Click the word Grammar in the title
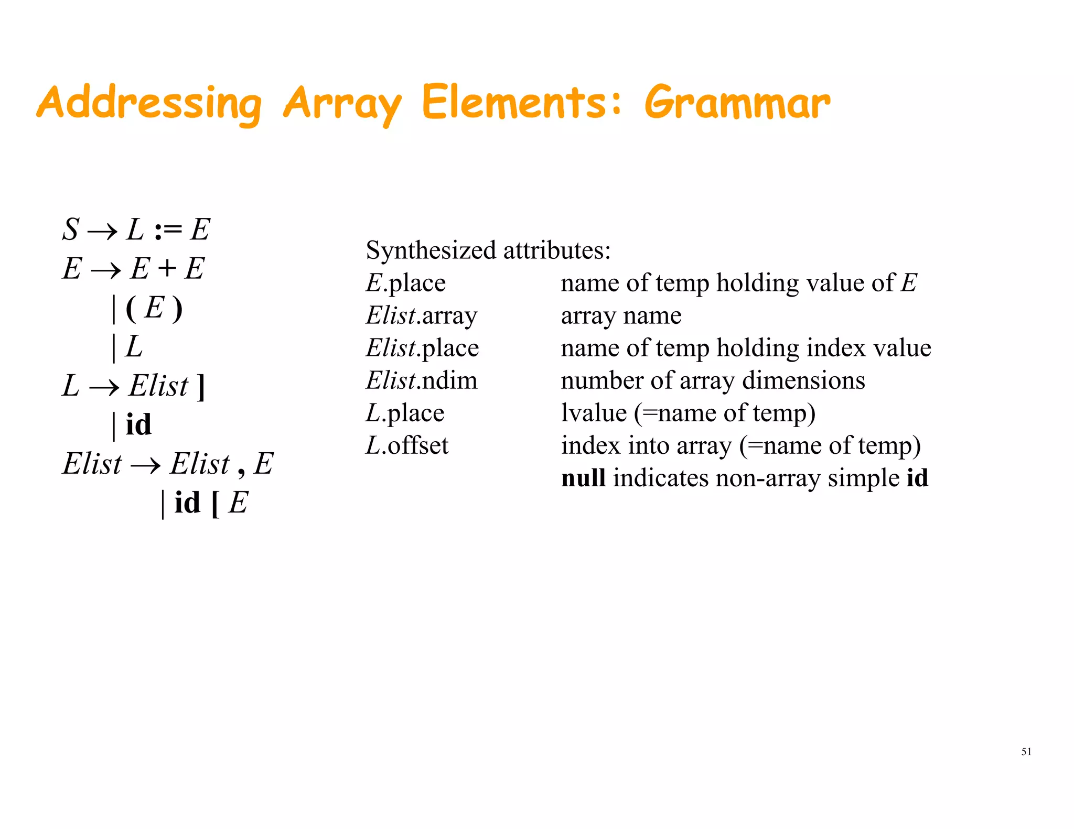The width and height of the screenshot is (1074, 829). click(x=737, y=103)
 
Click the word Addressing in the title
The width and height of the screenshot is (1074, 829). click(x=149, y=103)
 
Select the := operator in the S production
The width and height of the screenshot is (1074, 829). click(x=168, y=230)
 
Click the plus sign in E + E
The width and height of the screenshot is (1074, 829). click(x=167, y=269)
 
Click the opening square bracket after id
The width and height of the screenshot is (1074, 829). click(x=214, y=504)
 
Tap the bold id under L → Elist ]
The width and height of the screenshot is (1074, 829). click(x=138, y=424)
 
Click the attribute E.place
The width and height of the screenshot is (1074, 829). click(x=405, y=283)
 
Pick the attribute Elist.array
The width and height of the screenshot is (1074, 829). click(x=422, y=315)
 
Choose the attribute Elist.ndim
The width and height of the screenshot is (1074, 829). click(x=422, y=380)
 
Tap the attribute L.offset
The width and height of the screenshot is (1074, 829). click(x=407, y=445)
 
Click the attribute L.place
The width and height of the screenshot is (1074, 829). click(x=405, y=413)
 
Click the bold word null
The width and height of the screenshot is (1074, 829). click(x=583, y=478)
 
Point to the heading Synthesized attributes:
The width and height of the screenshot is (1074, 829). click(x=488, y=250)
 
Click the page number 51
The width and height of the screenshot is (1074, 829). click(x=1026, y=751)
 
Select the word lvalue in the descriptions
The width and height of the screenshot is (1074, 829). click(x=594, y=413)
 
